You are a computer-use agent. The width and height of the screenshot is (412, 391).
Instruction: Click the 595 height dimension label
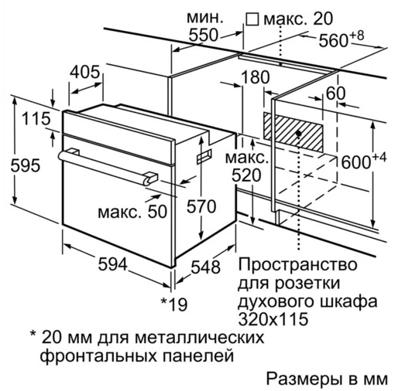(x=26, y=165)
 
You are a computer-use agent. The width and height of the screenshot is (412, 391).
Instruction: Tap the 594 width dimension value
(x=113, y=264)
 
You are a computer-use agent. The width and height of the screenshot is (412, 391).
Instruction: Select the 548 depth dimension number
(x=205, y=267)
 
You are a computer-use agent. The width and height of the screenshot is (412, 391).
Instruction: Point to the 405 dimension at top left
(x=85, y=72)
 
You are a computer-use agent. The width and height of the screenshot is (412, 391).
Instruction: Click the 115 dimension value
(x=36, y=118)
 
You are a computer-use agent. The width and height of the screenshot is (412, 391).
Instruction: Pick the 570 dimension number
(x=201, y=206)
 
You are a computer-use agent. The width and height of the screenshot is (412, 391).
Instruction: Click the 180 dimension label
(x=255, y=77)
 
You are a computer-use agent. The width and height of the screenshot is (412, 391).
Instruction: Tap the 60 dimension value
(x=335, y=93)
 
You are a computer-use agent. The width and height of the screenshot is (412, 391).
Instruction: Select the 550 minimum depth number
(x=204, y=35)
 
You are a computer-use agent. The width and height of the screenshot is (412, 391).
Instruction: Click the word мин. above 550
(x=205, y=18)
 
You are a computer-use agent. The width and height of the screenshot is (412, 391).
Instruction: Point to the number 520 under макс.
(x=246, y=175)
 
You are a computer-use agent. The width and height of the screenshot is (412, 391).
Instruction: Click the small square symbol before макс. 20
(x=252, y=19)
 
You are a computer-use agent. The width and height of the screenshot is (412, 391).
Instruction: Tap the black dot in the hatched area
(x=298, y=134)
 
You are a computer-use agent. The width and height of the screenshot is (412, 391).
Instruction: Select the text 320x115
(x=273, y=319)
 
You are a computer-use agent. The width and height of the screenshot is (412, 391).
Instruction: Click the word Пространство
(x=297, y=264)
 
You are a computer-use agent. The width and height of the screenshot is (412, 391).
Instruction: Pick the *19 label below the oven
(x=174, y=304)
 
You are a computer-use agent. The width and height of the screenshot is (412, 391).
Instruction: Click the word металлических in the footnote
(x=200, y=338)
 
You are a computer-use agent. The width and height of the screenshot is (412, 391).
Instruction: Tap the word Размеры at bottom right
(x=303, y=379)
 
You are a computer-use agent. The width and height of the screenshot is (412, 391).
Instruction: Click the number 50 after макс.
(x=157, y=212)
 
